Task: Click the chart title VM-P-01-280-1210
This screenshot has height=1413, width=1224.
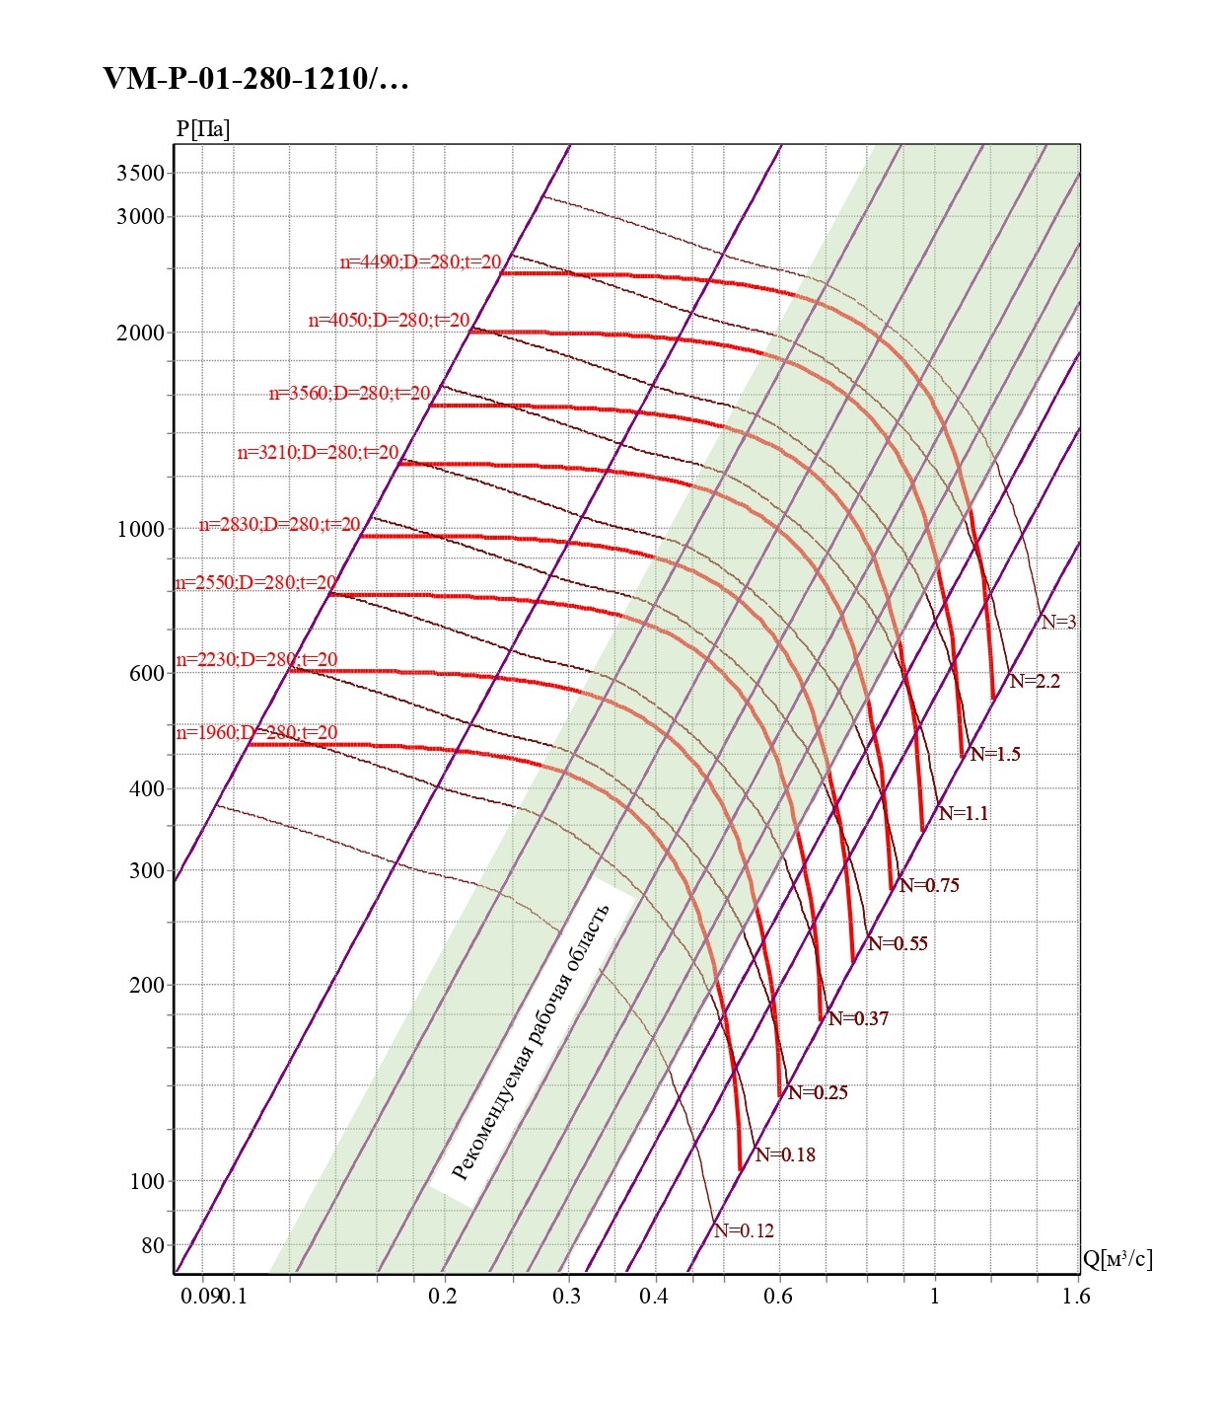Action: coord(255,79)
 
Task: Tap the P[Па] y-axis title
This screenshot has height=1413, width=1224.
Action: coord(203,129)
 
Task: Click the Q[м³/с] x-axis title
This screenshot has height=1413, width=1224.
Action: coord(1116,1258)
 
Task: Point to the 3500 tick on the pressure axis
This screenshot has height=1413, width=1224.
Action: coord(140,173)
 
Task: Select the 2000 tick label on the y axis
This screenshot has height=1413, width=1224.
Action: coord(140,333)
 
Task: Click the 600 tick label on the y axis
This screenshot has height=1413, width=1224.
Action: coord(146,673)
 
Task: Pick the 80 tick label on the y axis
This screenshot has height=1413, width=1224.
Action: coord(152,1245)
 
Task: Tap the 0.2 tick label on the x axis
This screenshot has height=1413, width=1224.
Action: coord(443,1296)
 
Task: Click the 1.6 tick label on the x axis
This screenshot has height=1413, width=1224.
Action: coord(1076,1296)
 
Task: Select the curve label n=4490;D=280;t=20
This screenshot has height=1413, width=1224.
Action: coord(420,262)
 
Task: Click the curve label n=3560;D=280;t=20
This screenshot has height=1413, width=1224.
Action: coord(349,394)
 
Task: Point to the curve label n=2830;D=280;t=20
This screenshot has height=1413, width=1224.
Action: coord(279,525)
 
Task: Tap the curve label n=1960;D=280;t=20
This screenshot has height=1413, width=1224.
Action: coord(256,733)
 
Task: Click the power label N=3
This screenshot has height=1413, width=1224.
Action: coord(1058,622)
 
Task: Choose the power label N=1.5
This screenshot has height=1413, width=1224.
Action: coord(995,754)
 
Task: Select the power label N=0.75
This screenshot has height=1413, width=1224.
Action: coord(929,885)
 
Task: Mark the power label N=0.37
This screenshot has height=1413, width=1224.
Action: coord(858,1018)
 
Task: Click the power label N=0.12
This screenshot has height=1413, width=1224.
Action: coord(744,1230)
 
